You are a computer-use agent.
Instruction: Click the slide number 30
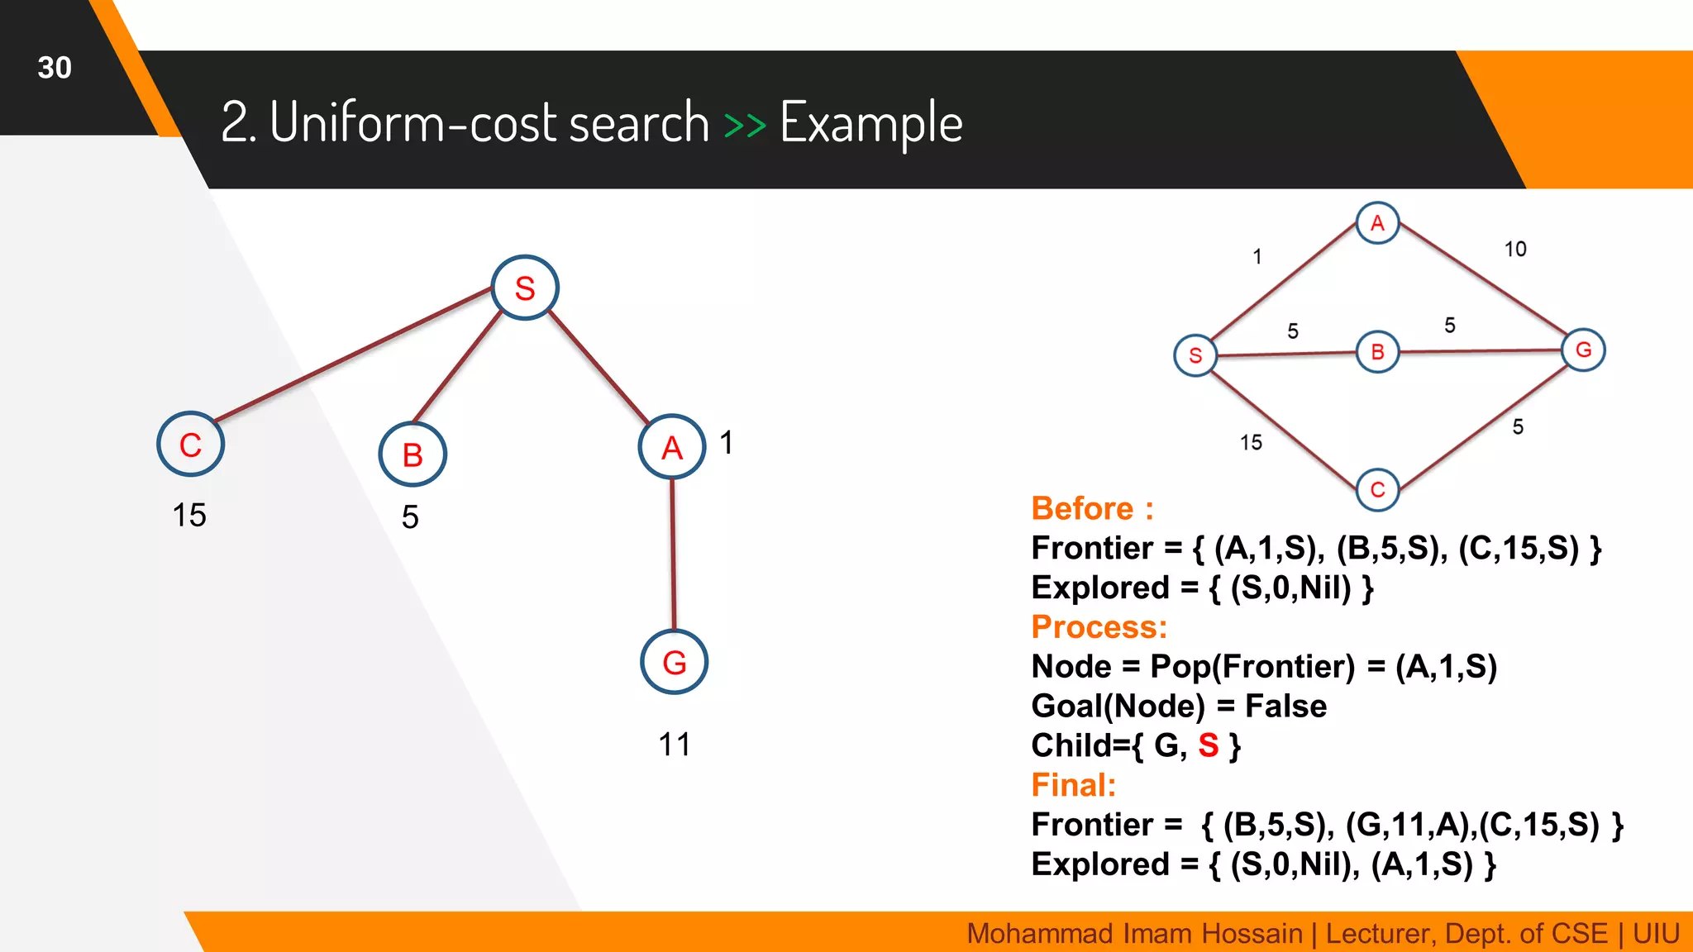coord(55,68)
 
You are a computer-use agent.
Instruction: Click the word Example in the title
coord(870,122)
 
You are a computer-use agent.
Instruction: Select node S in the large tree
coord(525,288)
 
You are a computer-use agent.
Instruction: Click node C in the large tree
coord(190,445)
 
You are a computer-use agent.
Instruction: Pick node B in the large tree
coord(412,455)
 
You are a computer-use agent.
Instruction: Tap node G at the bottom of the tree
coord(674,662)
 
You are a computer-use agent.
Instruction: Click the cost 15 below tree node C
coord(188,515)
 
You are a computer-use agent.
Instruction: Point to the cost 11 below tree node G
coord(674,745)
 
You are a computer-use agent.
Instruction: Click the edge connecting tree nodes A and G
coord(673,554)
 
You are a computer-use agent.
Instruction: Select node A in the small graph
coord(1377,222)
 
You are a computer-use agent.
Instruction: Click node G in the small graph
coord(1583,350)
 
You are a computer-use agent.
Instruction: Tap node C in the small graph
coord(1377,489)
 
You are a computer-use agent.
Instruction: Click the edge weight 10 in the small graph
coord(1514,249)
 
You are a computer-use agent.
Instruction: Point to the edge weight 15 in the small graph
coord(1251,443)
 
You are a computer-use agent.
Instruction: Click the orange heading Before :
coord(1091,508)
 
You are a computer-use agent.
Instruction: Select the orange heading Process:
coord(1099,626)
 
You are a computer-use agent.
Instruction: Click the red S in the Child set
coord(1208,745)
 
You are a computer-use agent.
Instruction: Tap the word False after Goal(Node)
coord(1285,706)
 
